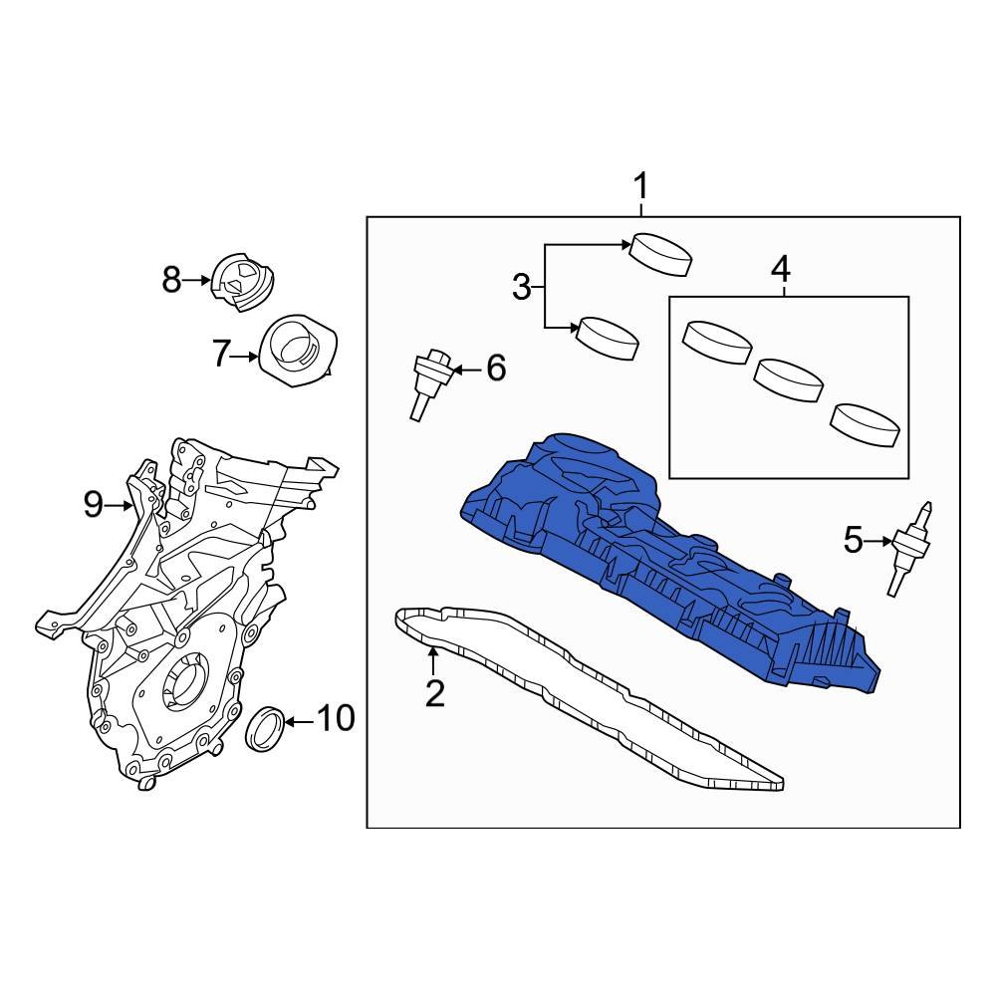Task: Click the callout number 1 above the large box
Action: pyautogui.click(x=641, y=186)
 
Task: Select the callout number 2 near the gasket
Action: pyautogui.click(x=434, y=692)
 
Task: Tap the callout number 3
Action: pyautogui.click(x=522, y=288)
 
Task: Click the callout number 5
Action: pyautogui.click(x=853, y=541)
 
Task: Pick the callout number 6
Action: pyautogui.click(x=495, y=369)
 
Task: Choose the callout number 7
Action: pyautogui.click(x=221, y=353)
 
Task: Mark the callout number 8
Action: pyautogui.click(x=171, y=281)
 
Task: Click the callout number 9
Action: pyautogui.click(x=94, y=505)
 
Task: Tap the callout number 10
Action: pyautogui.click(x=336, y=717)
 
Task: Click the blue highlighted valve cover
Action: pyautogui.click(x=657, y=558)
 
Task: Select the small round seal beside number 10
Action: pyautogui.click(x=266, y=728)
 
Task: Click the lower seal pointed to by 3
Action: pyautogui.click(x=608, y=337)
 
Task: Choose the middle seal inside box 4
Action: pyautogui.click(x=789, y=381)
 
